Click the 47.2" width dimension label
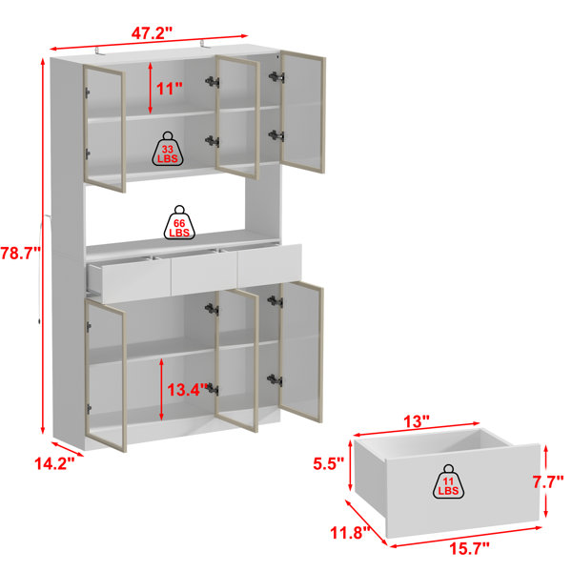coord(152,33)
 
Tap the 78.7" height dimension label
coord(20,253)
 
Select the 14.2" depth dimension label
coord(54,463)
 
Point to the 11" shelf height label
coord(170,89)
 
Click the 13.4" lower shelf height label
coord(188,390)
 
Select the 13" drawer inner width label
coord(417,421)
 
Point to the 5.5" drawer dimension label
coord(329,463)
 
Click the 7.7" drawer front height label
coord(549,482)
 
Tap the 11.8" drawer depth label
coord(350,533)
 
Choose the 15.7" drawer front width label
coord(469,548)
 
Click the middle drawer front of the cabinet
coord(204,273)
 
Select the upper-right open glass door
coord(302,112)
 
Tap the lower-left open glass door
coord(106,375)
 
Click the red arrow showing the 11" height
coord(151,88)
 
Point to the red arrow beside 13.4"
coord(161,389)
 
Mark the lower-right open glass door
coord(301,352)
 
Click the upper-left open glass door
coord(104,129)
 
